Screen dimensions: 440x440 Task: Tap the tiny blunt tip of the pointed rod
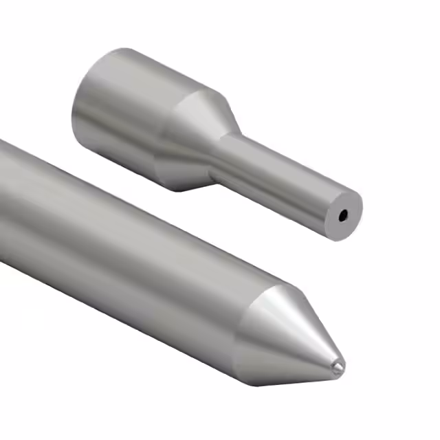pos(336,368)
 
